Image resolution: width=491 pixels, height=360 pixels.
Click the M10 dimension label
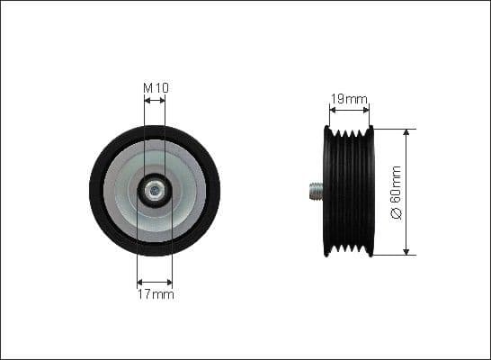(x=156, y=88)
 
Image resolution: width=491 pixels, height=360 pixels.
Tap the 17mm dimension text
(x=156, y=294)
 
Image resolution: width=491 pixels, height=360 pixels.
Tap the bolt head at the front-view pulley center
(x=155, y=190)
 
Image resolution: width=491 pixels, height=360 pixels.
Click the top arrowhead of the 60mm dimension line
(x=406, y=132)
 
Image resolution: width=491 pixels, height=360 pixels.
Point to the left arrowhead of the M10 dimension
(x=147, y=101)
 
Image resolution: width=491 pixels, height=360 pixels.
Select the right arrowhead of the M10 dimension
(x=164, y=101)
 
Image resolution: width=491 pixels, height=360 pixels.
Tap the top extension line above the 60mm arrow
(x=396, y=128)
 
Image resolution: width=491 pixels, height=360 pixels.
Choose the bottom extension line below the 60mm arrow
(x=396, y=255)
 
